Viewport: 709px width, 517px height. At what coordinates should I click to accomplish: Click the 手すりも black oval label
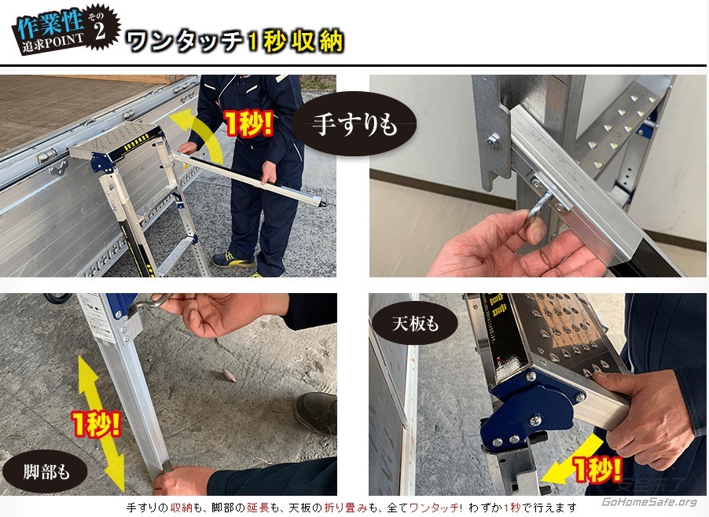(x=354, y=124)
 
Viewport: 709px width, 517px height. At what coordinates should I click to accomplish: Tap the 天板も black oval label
(x=415, y=324)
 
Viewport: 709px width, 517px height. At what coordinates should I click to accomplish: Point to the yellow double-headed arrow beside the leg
(x=101, y=423)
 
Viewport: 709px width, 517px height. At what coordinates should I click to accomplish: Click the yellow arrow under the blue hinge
(x=572, y=457)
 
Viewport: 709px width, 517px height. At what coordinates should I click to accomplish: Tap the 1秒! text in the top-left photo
(x=248, y=123)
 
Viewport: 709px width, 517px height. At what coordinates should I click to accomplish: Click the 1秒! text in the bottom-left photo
(x=97, y=423)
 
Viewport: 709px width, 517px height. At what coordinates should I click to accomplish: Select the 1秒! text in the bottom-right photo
(x=597, y=468)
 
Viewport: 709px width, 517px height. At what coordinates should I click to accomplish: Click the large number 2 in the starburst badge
(x=100, y=31)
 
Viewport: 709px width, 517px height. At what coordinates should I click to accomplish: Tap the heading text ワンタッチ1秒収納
(x=233, y=42)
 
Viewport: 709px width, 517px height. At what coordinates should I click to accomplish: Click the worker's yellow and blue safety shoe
(x=233, y=260)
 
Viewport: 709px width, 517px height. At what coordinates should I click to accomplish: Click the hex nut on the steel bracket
(x=493, y=141)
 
